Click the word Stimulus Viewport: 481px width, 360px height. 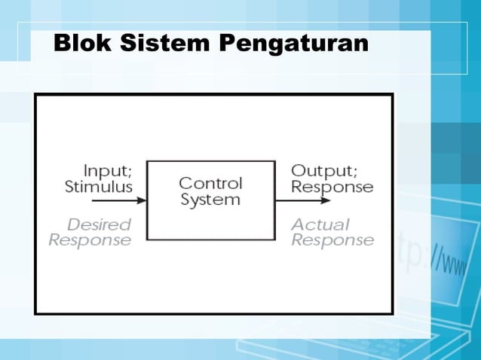[99, 186]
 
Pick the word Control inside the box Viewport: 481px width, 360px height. [210, 183]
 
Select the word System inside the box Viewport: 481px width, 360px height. [210, 200]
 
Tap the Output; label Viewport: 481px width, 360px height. [323, 170]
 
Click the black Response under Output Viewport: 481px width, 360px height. [332, 186]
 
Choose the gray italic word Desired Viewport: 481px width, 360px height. [99, 224]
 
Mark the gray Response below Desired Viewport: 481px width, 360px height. [90, 240]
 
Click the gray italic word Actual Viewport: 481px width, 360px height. [320, 224]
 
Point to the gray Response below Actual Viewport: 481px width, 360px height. [332, 240]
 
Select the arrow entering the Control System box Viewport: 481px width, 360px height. [119, 201]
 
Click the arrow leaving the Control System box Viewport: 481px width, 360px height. [302, 201]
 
